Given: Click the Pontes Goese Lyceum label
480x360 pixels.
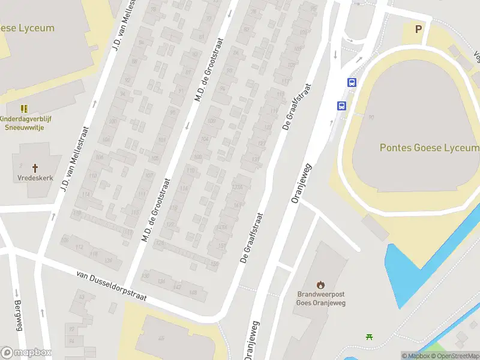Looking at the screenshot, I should (430, 148).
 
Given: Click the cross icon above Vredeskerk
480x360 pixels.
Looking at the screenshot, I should (35, 169).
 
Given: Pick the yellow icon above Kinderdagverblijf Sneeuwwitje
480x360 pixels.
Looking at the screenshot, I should (25, 109).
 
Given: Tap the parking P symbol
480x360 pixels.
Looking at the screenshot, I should (419, 29).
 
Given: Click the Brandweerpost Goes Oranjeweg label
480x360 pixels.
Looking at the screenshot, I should (321, 298).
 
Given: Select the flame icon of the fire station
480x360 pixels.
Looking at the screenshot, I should (321, 284).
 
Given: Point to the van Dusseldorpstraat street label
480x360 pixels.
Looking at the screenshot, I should (112, 286).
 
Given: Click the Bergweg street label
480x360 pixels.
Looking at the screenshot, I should (18, 314).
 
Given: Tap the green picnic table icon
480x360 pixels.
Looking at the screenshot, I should (369, 337).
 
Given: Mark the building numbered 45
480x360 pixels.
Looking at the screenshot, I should (161, 338).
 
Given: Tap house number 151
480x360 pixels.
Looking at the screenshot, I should (221, 247).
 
